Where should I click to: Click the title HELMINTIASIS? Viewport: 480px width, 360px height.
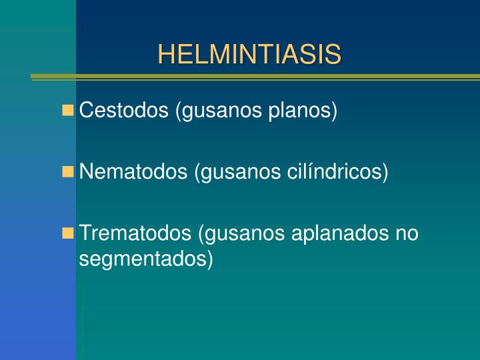pyautogui.click(x=249, y=55)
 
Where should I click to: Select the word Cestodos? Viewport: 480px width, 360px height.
pyautogui.click(x=124, y=110)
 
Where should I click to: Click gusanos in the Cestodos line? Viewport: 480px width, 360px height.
pyautogui.click(x=219, y=110)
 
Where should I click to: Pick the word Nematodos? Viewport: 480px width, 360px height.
pyautogui.click(x=133, y=172)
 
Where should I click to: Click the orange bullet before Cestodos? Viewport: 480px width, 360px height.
pyautogui.click(x=68, y=110)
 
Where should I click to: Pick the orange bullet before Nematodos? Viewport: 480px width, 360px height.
pyautogui.click(x=68, y=172)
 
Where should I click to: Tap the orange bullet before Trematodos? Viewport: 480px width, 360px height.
pyautogui.click(x=68, y=233)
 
